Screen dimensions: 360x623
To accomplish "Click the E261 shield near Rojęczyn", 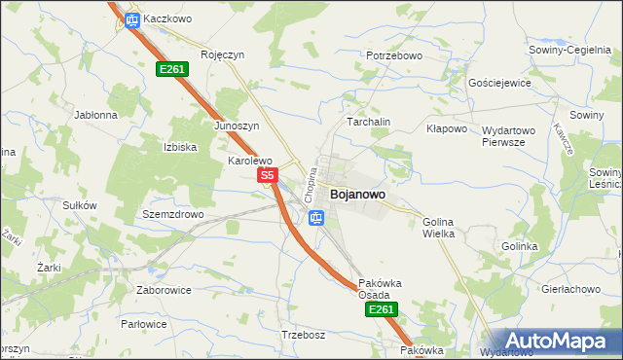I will coord(172,68).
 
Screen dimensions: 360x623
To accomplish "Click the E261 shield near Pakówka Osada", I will coord(381,309).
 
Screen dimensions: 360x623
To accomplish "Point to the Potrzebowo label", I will coord(394,55).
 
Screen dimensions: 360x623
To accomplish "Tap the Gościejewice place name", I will coord(499,83).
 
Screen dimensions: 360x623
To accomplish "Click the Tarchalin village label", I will coord(369,122).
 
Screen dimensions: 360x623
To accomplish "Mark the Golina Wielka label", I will coord(439,228).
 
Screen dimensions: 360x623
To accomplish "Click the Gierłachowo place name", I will coord(569,289).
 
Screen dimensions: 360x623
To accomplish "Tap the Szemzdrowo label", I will coord(172,214).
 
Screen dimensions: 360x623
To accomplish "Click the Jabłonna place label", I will coord(95,114).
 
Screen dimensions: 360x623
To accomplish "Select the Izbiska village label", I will coord(180,147).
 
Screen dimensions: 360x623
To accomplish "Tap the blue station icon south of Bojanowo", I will coord(315,218).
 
